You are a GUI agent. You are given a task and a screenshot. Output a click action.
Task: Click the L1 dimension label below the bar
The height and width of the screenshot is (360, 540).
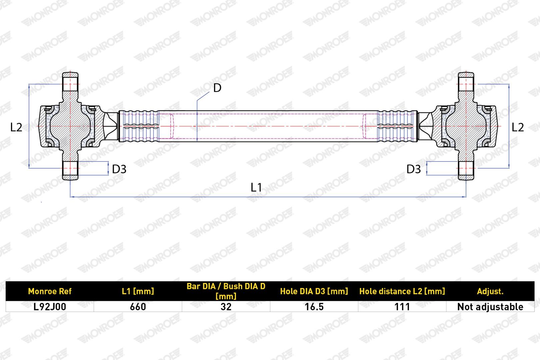256,187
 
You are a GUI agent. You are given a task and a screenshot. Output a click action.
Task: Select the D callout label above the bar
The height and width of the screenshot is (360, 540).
217,88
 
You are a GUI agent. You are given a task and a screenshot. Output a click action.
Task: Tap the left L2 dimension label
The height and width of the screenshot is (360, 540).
16,127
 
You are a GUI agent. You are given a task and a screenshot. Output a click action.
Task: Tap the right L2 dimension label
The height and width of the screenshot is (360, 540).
518,127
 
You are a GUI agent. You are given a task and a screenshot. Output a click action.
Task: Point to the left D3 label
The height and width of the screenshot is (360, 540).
119,169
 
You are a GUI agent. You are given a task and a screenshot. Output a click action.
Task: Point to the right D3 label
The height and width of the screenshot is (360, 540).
414,169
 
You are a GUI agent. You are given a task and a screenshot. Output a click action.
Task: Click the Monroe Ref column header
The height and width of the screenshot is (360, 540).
50,291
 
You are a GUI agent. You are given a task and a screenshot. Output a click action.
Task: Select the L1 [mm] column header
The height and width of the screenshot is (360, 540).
138,291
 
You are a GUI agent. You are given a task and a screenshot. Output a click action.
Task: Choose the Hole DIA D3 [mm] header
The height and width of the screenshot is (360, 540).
314,291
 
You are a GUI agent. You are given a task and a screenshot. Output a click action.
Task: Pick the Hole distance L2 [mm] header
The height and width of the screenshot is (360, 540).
402,291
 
